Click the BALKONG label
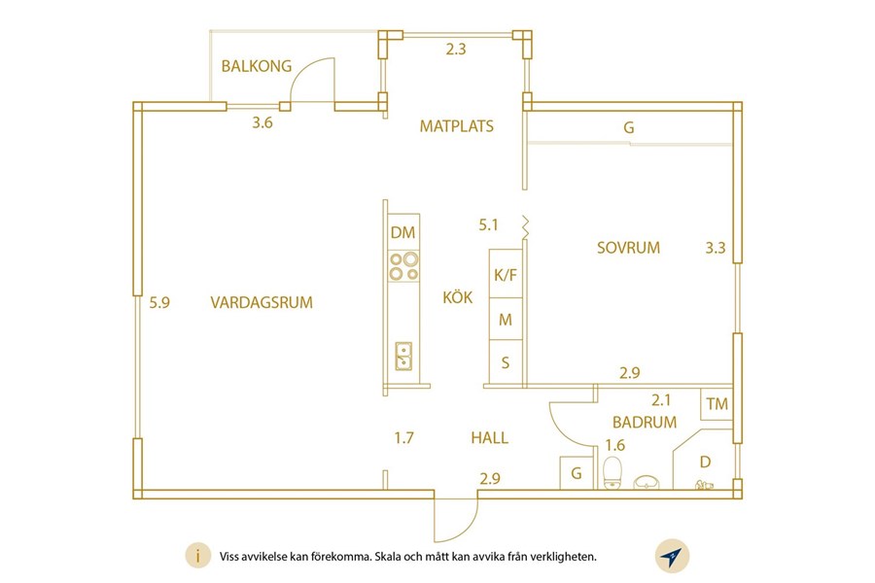(257, 66)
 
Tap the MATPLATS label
(457, 126)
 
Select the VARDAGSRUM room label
(262, 302)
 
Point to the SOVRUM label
(628, 247)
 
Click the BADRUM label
(645, 422)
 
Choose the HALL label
(489, 437)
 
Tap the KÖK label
(458, 296)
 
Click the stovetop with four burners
(404, 266)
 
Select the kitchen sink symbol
(403, 356)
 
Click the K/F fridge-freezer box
(506, 273)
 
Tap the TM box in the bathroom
(717, 403)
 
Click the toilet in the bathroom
(612, 472)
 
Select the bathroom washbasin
(647, 482)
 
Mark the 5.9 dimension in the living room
(159, 302)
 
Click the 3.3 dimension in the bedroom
(716, 247)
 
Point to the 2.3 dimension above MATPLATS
(455, 50)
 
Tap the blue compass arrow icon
(672, 556)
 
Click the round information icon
(197, 556)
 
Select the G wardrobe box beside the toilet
(577, 473)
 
